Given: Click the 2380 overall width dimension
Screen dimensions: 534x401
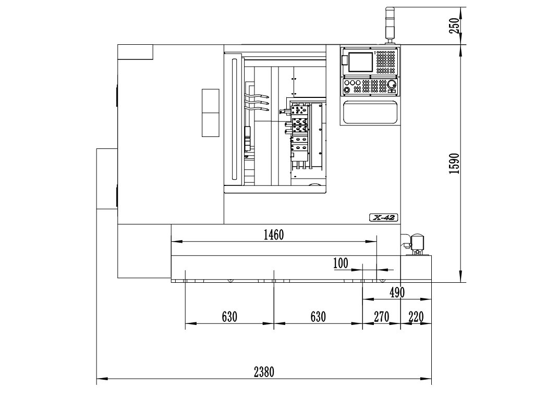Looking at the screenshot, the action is tap(264, 372).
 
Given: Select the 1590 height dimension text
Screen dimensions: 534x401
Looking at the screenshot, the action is tap(454, 164).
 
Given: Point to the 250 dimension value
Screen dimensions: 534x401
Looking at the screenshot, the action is tap(454, 26).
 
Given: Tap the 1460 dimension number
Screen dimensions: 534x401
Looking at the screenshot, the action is tap(274, 235).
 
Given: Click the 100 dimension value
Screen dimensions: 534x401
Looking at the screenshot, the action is tap(341, 263).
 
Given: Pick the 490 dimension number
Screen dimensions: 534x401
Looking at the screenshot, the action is tap(397, 293).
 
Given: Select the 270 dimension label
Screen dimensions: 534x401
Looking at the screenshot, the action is tap(381, 317).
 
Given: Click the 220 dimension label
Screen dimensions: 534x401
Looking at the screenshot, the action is tap(416, 317).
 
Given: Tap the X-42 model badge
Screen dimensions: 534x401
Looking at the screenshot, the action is tap(383, 218).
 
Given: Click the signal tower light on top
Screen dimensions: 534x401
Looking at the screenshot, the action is tap(390, 25).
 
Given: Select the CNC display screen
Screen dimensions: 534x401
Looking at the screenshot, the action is tap(360, 62).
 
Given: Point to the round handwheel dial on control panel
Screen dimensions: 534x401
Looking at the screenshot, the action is tap(392, 84).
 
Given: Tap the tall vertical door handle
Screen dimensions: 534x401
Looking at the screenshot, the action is tap(234, 119).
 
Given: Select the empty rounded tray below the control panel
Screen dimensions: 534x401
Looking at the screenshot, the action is tap(370, 112).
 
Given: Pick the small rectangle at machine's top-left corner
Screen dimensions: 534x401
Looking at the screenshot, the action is tap(135, 52).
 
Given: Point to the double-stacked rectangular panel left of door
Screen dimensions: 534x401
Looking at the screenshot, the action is tap(211, 113).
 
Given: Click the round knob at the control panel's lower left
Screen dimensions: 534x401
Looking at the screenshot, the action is tap(347, 90).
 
